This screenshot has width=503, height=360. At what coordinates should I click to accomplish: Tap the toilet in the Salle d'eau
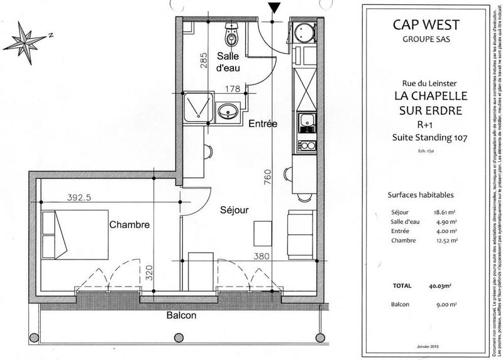click(x=232, y=37)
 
